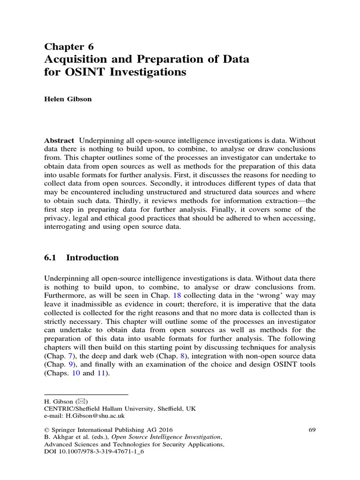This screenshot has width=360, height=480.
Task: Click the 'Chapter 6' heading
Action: (69, 46)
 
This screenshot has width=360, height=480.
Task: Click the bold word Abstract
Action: (59, 141)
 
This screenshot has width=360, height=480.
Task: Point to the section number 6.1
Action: (51, 257)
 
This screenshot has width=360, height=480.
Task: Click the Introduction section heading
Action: (92, 257)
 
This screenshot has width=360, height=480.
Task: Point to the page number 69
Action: (313, 429)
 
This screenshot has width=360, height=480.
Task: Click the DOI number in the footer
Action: (101, 451)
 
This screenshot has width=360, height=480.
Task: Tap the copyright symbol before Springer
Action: (46, 429)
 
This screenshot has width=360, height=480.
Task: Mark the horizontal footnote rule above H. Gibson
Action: (86, 395)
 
